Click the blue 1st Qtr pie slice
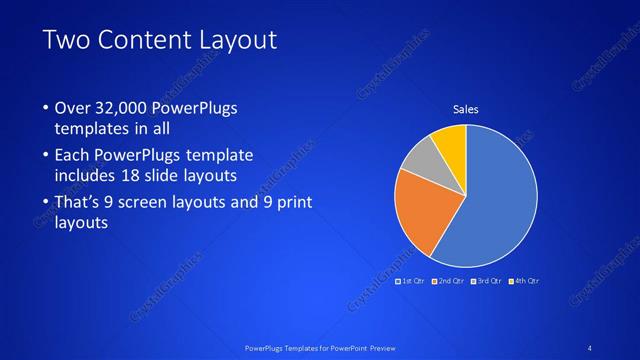[495, 200]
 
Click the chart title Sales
[466, 108]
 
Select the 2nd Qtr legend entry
[449, 281]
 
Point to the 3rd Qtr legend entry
[487, 281]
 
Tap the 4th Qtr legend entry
[525, 281]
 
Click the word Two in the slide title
[70, 41]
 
